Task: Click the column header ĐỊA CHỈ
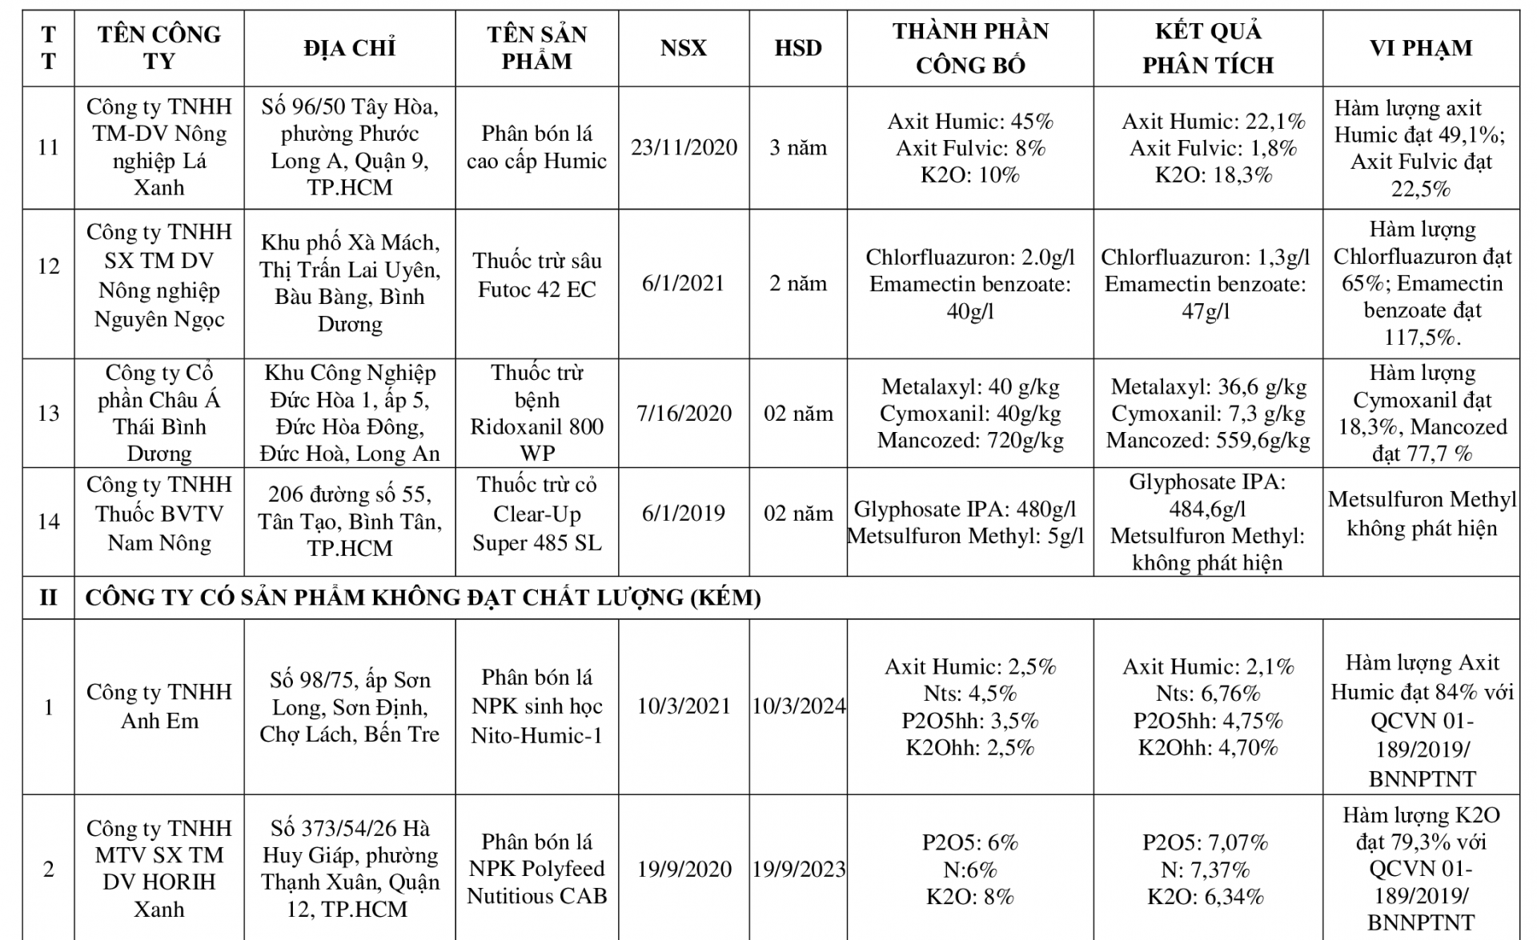tap(350, 48)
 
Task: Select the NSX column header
tap(684, 48)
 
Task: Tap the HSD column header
tap(798, 48)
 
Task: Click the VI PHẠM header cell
tap(1421, 48)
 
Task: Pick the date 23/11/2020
tap(684, 148)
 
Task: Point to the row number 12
tap(49, 266)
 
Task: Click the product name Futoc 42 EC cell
tap(536, 275)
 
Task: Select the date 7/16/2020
tap(684, 414)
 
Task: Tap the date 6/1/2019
tap(684, 514)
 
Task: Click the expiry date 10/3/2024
tap(798, 706)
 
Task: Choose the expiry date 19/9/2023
tap(798, 870)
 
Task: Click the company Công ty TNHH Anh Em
tap(159, 706)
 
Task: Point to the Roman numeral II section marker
tap(49, 598)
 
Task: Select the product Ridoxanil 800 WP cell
tap(536, 413)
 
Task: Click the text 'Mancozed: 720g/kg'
tap(970, 441)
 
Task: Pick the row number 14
tap(49, 522)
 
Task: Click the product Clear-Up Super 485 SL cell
tap(536, 514)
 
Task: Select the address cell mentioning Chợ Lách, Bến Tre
tap(350, 707)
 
